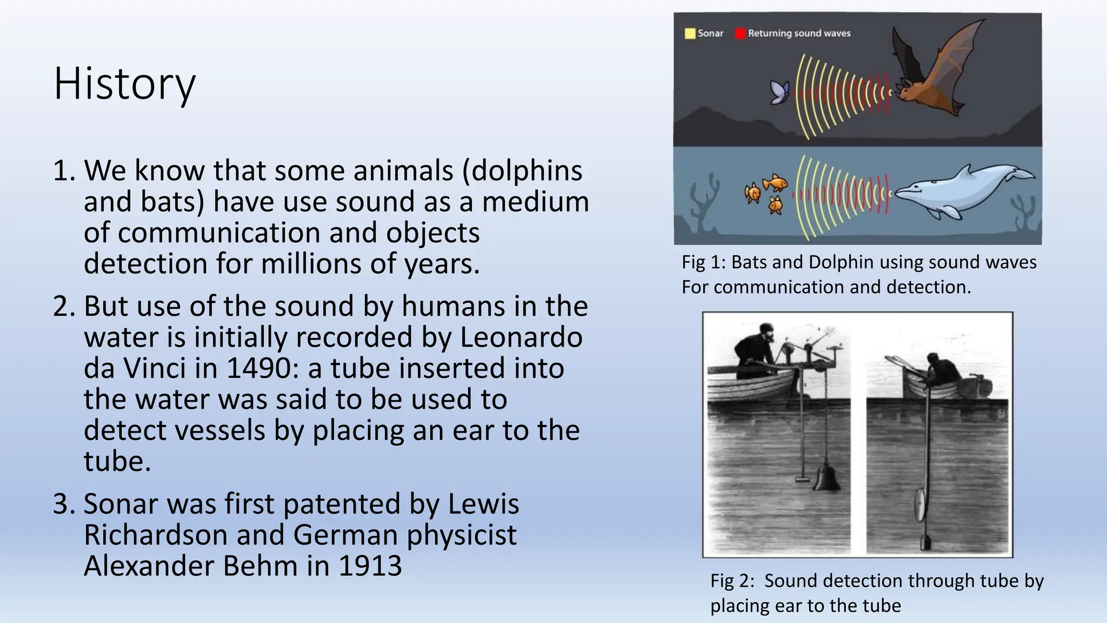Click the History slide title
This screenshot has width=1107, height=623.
tap(125, 84)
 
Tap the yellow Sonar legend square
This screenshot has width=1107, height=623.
tap(690, 34)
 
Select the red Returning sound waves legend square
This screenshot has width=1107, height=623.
tap(740, 34)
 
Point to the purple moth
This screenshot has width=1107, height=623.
tap(780, 92)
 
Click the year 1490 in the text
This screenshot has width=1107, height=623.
tap(258, 368)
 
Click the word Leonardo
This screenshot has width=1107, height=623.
tap(521, 337)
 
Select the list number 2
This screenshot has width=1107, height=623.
tap(64, 307)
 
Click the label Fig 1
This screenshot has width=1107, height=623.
tap(702, 262)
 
